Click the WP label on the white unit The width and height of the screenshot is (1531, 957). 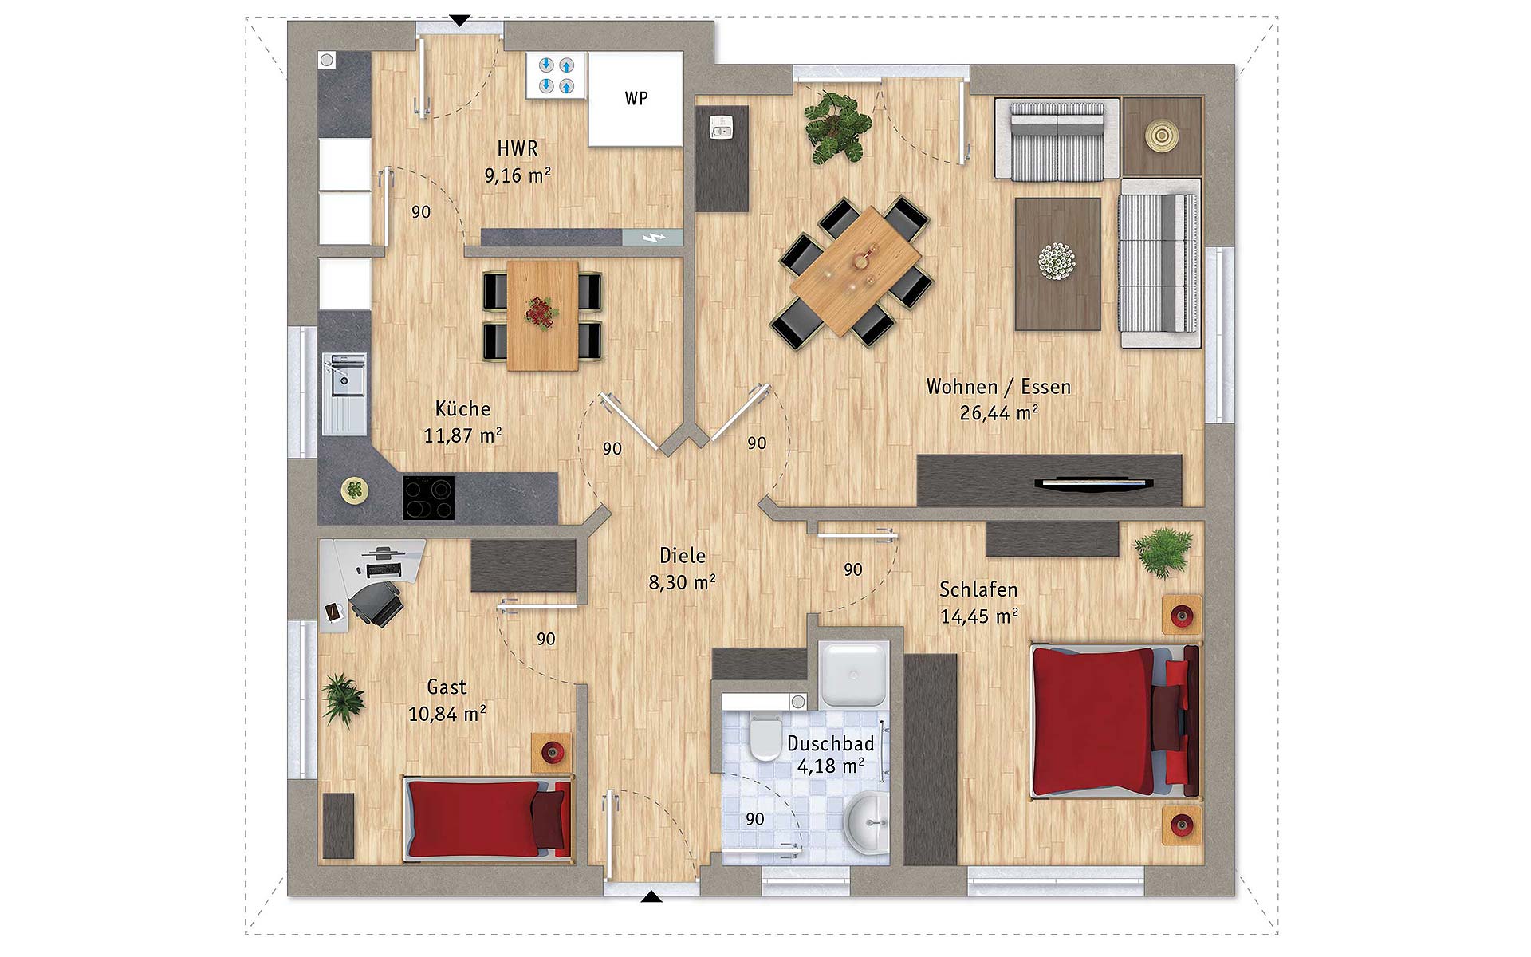click(636, 98)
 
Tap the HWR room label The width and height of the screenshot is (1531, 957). click(518, 148)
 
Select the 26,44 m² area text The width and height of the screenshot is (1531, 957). click(998, 413)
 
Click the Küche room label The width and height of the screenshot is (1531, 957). click(462, 408)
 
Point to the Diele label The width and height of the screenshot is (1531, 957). click(683, 556)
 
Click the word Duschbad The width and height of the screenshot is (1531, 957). click(831, 743)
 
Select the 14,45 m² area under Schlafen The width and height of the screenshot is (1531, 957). click(978, 616)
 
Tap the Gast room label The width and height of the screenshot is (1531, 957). click(447, 687)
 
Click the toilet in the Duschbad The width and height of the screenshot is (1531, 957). click(766, 738)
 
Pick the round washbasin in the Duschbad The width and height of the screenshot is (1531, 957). click(867, 821)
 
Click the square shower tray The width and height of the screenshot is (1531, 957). click(853, 674)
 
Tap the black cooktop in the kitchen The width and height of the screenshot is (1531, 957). click(428, 498)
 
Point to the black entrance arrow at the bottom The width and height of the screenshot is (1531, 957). click(651, 897)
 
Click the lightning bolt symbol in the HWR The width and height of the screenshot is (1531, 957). click(653, 238)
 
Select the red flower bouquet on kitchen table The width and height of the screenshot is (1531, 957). click(542, 313)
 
